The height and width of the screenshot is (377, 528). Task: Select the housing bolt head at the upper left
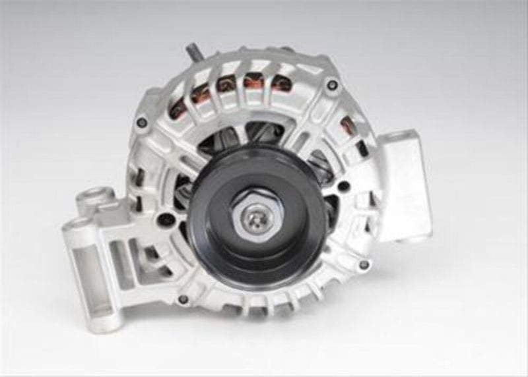click(x=141, y=122)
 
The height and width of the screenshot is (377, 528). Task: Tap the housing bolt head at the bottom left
click(x=183, y=299)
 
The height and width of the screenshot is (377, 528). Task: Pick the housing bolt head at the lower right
click(x=364, y=264)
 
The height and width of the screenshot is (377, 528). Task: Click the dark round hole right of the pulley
click(x=343, y=187)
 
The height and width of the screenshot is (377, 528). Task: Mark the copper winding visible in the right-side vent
click(x=346, y=125)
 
